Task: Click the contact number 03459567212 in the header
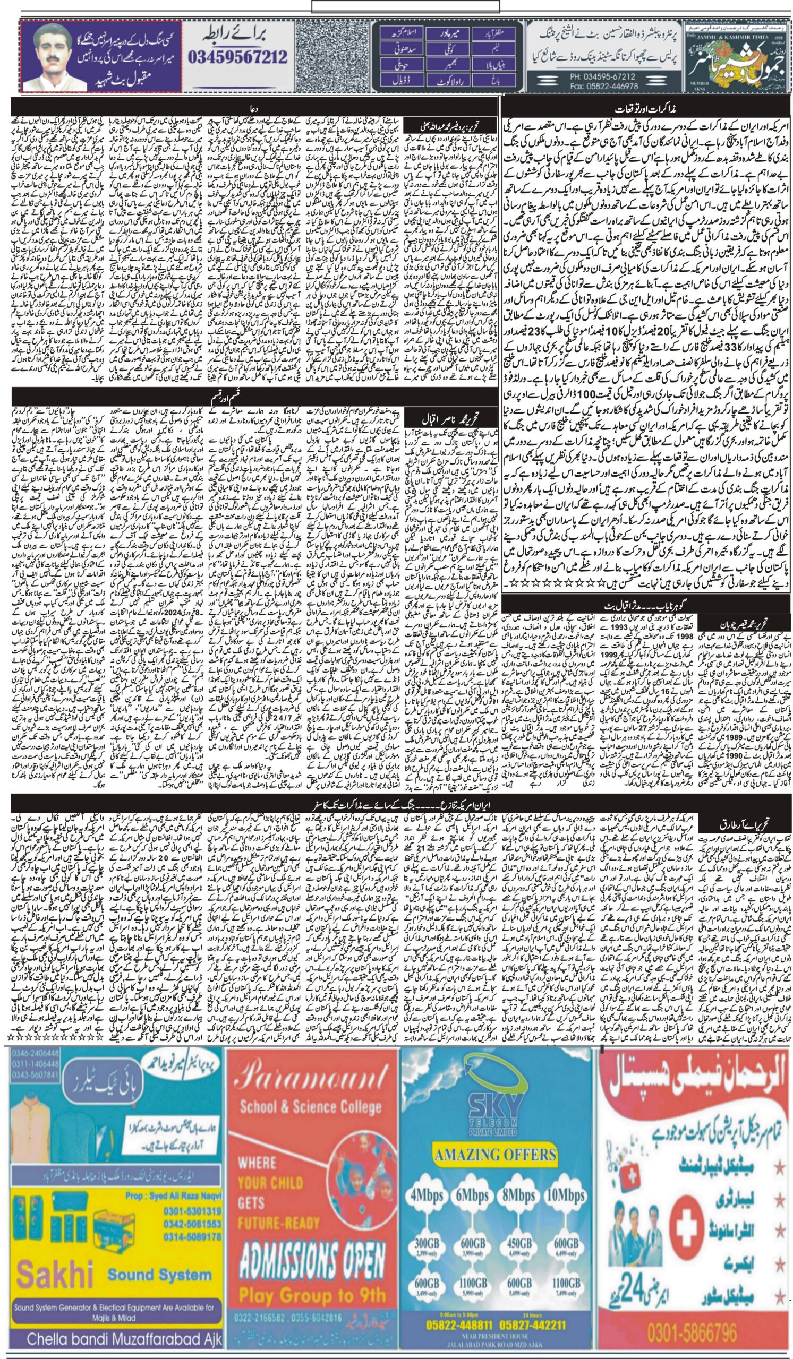pyautogui.click(x=238, y=57)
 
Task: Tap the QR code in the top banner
pyautogui.click(x=333, y=56)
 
